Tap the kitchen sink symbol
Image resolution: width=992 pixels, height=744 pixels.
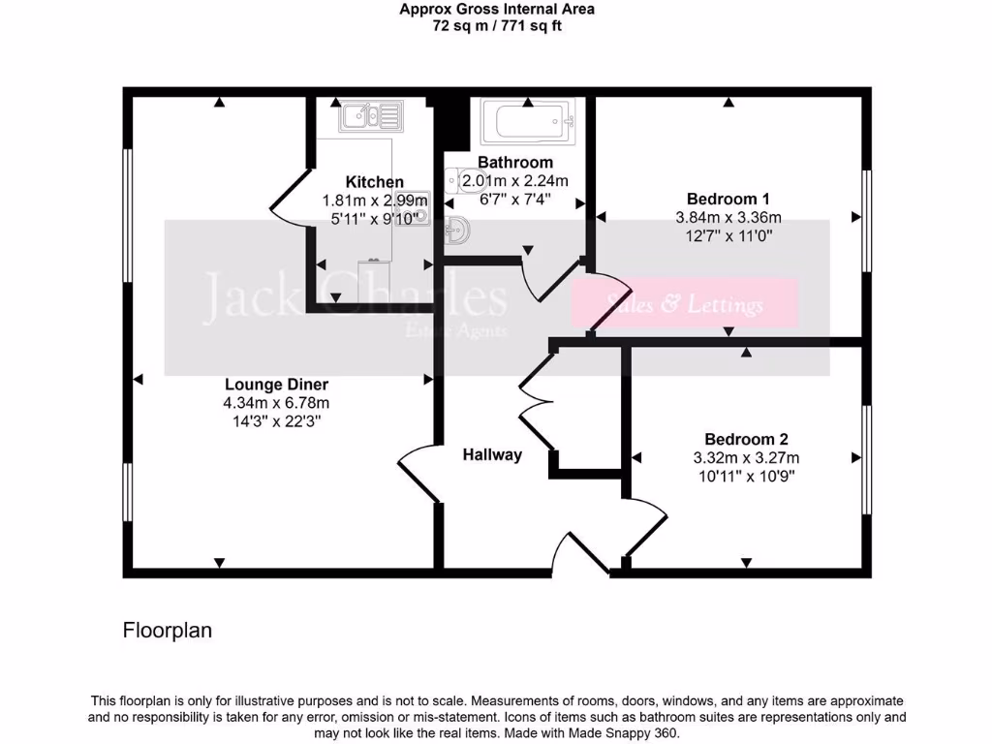[369, 117]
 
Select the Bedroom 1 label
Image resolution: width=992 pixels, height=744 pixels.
[728, 199]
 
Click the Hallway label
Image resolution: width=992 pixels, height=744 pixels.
[492, 454]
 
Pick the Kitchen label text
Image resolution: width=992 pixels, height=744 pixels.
[375, 182]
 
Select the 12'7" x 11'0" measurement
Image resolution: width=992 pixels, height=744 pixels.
[728, 235]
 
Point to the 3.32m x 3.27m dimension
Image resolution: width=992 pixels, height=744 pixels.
[746, 457]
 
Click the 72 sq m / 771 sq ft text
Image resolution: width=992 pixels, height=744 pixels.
[497, 26]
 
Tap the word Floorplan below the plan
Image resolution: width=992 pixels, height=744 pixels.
[168, 631]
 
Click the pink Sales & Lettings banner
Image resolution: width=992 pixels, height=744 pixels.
[685, 304]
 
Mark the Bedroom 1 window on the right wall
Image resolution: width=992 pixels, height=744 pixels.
[867, 220]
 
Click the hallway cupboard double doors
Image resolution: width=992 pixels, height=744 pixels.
[535, 402]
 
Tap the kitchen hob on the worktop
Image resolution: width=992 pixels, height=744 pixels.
[418, 206]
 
